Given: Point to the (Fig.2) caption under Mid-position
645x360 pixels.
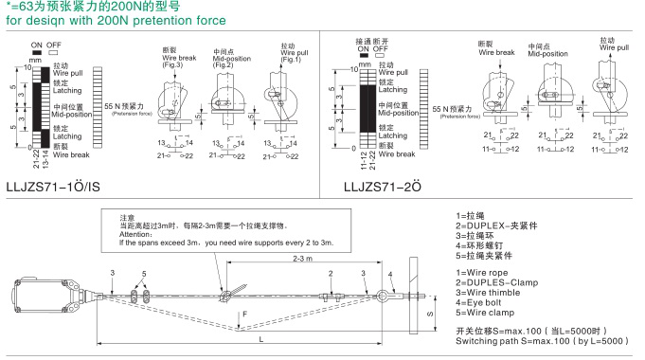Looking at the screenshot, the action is [x=223, y=64].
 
